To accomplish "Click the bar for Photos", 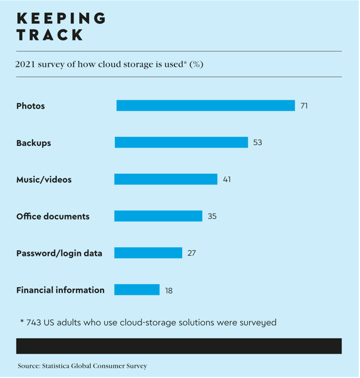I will (205, 105).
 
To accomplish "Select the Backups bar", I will (181, 142).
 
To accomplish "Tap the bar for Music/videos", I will (166, 179).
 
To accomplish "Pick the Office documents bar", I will (158, 216).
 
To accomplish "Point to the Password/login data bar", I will (148, 253).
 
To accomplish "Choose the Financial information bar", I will (137, 289).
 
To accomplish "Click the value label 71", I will (304, 105).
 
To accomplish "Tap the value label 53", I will (258, 142).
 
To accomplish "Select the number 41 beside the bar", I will (227, 179).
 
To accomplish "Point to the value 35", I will (212, 216).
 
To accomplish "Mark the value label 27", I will (192, 253).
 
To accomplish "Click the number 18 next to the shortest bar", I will (168, 290).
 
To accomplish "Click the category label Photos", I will (30, 106).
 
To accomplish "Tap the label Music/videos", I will (44, 180).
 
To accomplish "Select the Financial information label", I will (60, 290).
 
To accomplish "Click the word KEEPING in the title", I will (61, 18).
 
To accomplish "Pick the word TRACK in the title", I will (50, 35).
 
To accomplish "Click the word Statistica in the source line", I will (61, 366).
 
